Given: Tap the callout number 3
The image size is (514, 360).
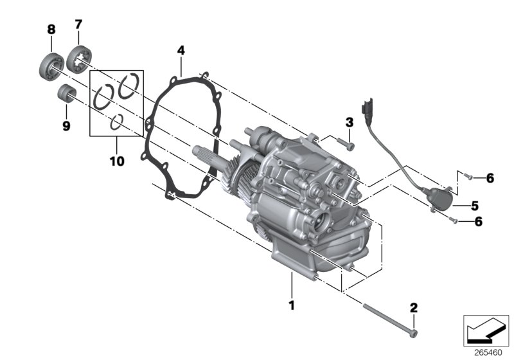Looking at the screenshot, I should click(349, 122).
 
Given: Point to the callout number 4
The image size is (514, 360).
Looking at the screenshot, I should click(181, 50).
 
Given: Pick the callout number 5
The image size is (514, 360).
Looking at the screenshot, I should click(474, 206).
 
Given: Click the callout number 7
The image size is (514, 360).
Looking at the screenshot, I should click(78, 24).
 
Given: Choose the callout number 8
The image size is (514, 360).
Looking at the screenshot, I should click(51, 29).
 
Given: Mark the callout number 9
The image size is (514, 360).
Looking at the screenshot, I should click(66, 126).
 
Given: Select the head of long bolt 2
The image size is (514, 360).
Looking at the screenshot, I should click(413, 332).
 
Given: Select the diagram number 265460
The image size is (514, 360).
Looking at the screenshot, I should click(488, 352).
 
